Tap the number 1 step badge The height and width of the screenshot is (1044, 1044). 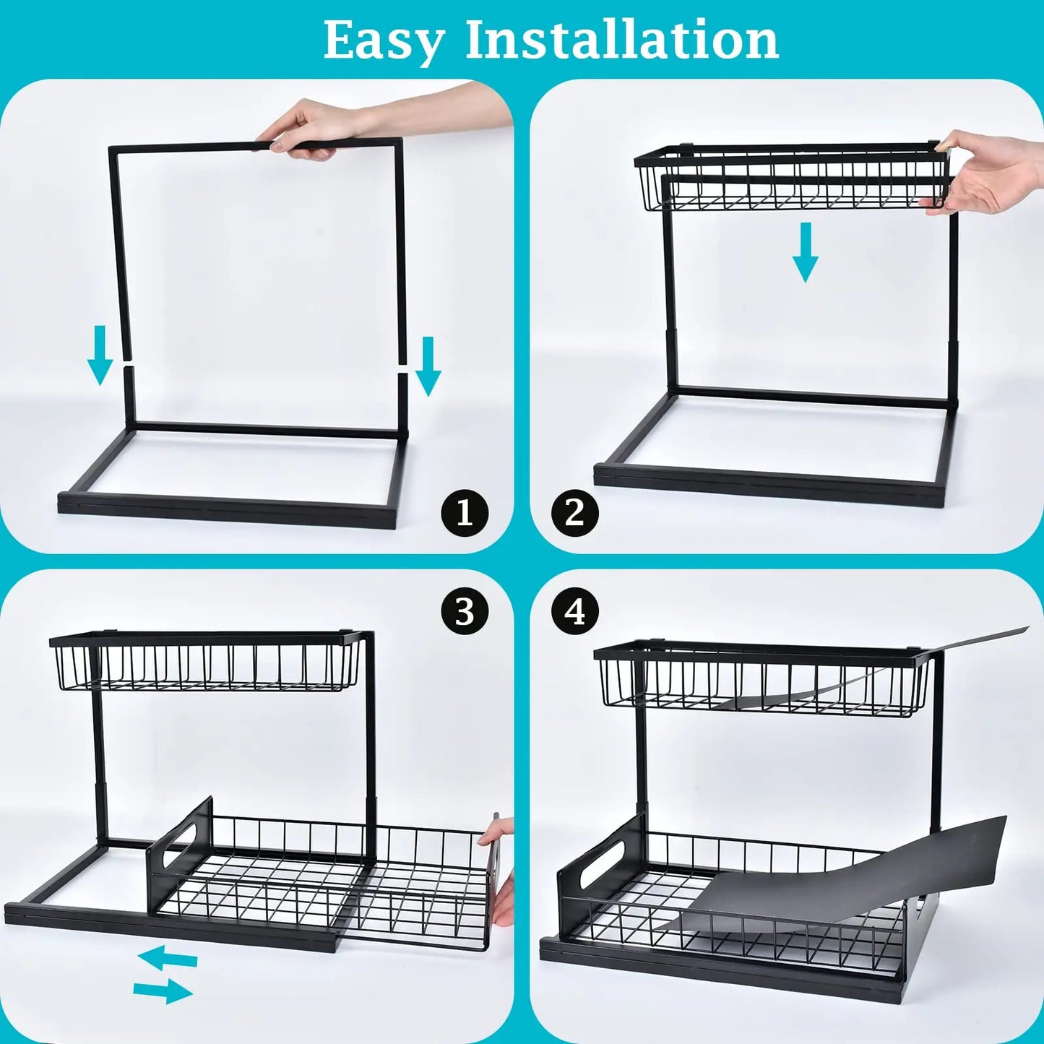(x=465, y=514)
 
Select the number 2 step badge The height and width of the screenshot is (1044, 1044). (x=574, y=514)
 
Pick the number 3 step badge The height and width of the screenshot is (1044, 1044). (x=465, y=611)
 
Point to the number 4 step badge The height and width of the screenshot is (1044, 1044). (x=574, y=611)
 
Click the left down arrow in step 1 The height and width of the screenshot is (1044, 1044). (x=100, y=355)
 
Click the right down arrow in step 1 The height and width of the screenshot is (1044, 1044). (x=428, y=366)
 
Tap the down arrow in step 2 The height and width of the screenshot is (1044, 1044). (x=805, y=251)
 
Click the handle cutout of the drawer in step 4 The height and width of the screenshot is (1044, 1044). (x=592, y=865)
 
